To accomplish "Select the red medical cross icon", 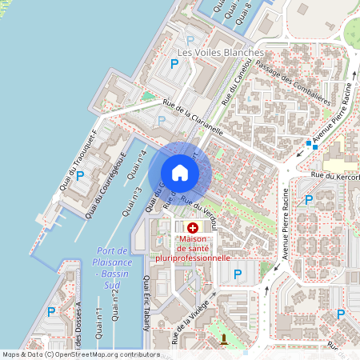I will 193,229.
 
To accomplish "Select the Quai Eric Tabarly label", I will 146,301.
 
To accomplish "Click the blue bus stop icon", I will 308,144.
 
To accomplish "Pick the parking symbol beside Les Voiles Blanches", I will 190,40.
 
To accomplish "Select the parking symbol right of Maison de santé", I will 237,274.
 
